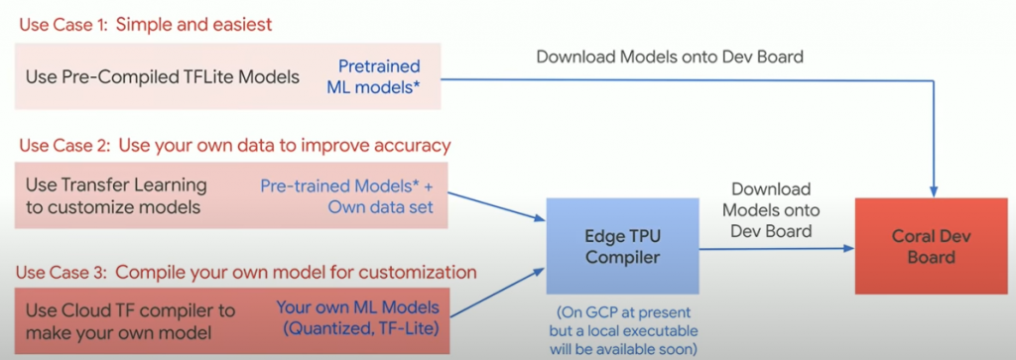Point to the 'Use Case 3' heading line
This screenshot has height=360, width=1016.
tap(248, 272)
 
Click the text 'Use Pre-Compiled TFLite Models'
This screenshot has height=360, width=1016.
tap(159, 76)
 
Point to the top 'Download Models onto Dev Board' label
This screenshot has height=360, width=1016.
tap(670, 56)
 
